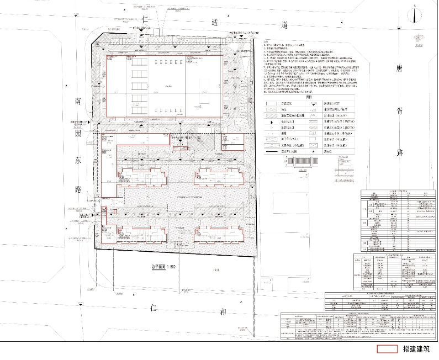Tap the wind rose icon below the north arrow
[x=415, y=38]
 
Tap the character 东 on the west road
[x=78, y=163]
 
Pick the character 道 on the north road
[x=284, y=25]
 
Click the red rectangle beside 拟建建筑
[x=387, y=349]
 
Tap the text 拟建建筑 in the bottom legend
[x=416, y=349]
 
